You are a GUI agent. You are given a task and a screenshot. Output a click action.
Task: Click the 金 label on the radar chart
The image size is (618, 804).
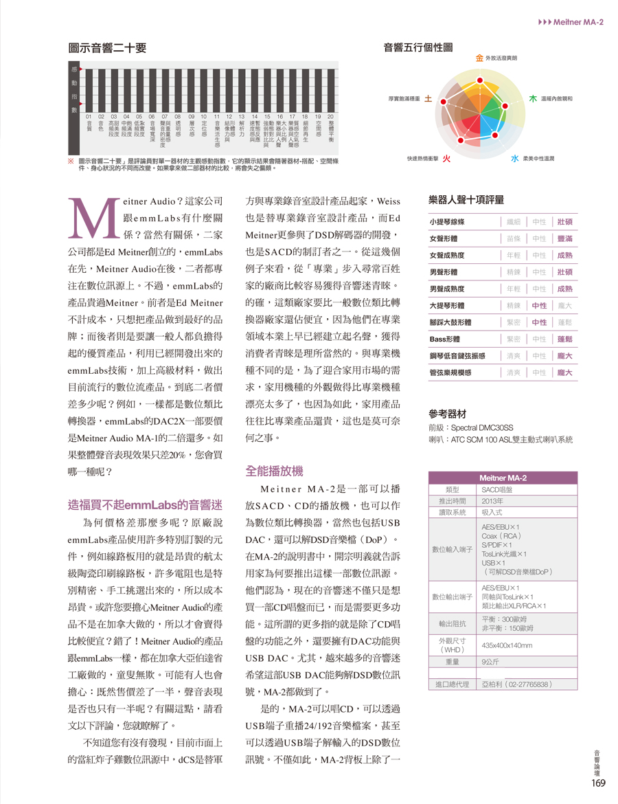[x=479, y=58]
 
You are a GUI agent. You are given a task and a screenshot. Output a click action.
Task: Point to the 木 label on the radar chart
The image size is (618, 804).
[x=532, y=99]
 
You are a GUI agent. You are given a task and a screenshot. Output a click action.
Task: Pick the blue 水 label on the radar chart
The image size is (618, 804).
[x=514, y=159]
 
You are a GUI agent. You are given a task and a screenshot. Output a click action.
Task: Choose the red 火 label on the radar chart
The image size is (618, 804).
[x=445, y=159]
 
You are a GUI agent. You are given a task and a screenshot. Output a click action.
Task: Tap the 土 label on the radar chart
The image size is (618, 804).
[x=428, y=99]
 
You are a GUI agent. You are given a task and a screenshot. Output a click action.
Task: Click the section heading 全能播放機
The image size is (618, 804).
[x=274, y=471]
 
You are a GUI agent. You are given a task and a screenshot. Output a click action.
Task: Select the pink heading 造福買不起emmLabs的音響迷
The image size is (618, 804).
[x=136, y=504]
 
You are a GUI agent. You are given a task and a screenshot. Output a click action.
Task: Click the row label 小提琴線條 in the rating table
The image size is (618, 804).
[x=447, y=222]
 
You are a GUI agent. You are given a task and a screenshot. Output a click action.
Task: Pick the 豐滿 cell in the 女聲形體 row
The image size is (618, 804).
[x=565, y=238]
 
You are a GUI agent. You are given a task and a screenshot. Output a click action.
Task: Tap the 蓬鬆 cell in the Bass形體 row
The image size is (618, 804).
[x=565, y=339]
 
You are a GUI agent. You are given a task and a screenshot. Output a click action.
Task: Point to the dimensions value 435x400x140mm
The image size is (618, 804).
[x=507, y=645]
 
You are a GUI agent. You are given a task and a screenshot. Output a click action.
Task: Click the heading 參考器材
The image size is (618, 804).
[x=448, y=414]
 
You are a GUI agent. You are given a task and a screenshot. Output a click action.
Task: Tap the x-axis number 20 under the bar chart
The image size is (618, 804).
[x=330, y=117]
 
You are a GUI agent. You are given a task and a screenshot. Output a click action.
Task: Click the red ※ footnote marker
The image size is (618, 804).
[x=71, y=160]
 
